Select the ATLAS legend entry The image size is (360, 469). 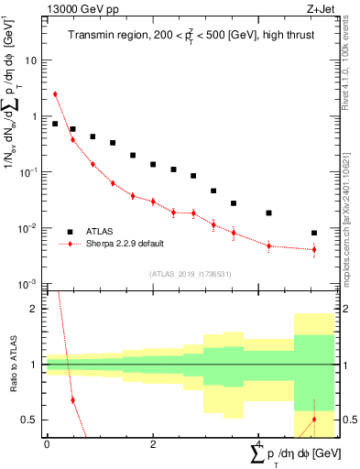101,232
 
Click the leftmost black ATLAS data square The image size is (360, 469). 55,124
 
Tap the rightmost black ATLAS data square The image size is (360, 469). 314,233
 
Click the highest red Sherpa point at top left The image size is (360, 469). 55,93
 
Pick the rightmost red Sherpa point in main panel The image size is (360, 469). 314,249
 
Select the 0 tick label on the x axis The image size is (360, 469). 46,444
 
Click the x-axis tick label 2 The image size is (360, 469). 152,444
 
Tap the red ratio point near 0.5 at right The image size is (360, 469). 314,420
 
